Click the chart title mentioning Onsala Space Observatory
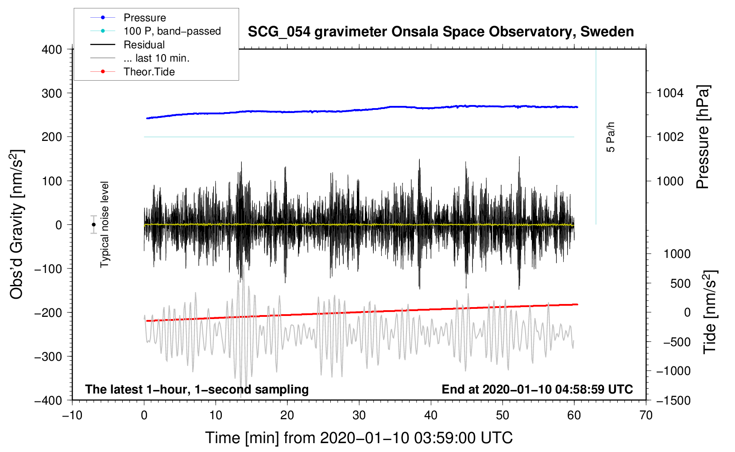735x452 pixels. [441, 32]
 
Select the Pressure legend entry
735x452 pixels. [144, 18]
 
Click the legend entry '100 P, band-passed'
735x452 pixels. [172, 31]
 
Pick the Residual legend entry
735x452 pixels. [144, 45]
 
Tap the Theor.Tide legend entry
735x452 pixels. [149, 72]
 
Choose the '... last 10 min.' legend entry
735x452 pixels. [156, 58]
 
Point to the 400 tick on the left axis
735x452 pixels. [52, 50]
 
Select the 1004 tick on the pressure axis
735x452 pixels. [670, 93]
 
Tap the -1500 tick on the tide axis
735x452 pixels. [673, 400]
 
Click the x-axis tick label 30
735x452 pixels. [359, 415]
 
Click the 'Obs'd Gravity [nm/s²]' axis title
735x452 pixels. [17, 224]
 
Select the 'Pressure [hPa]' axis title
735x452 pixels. [703, 137]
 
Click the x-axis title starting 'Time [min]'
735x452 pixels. [359, 438]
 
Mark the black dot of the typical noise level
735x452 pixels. [94, 225]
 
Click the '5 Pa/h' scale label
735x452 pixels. [611, 137]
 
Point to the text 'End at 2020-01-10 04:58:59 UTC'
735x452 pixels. [537, 390]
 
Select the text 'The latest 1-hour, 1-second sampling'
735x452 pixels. [197, 390]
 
